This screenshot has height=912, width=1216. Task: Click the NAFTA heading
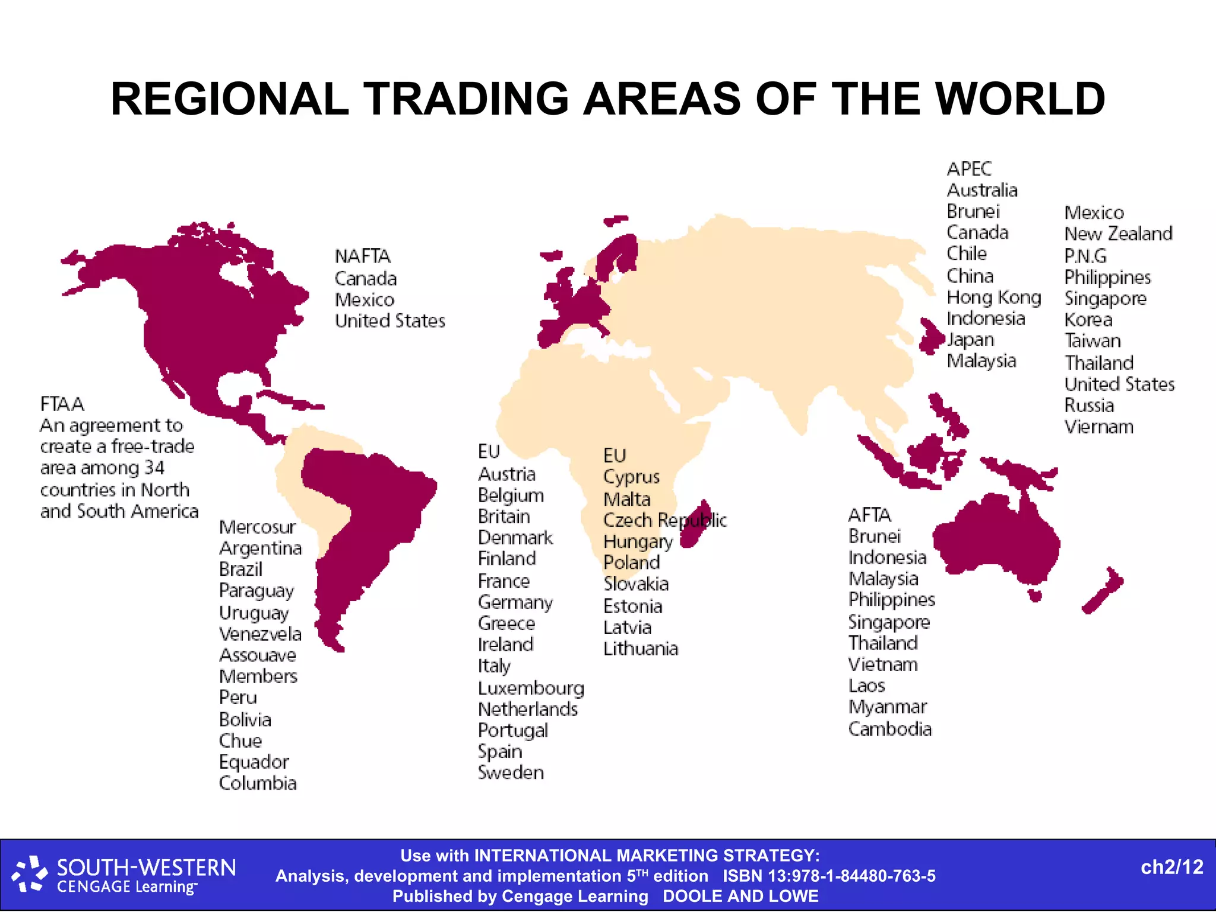(x=362, y=256)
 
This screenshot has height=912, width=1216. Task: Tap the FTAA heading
(x=62, y=404)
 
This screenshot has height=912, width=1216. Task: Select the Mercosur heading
(x=257, y=527)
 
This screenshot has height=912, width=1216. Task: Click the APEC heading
(x=969, y=169)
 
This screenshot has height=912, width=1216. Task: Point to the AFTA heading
(x=869, y=515)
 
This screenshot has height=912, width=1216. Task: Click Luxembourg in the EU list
(x=531, y=688)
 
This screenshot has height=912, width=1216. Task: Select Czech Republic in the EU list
(x=664, y=520)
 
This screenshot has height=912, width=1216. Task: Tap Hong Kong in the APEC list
(x=993, y=297)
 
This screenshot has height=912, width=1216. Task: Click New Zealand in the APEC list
(x=1118, y=234)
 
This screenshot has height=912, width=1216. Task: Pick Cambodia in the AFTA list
(x=889, y=729)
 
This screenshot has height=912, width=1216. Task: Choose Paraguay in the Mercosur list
(x=256, y=591)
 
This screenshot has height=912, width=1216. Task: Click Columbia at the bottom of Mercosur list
(x=258, y=783)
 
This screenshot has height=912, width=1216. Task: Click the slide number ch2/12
(x=1171, y=867)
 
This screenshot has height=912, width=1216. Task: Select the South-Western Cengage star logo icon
(x=30, y=874)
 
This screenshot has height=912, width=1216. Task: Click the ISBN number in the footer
(x=829, y=876)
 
